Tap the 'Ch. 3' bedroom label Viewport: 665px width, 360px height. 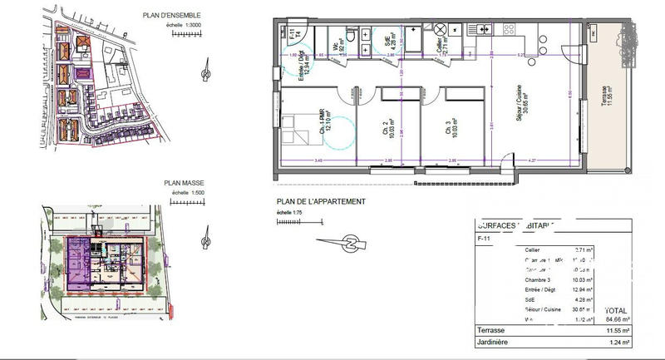pyautogui.click(x=449, y=128)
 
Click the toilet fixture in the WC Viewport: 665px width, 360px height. pyautogui.click(x=352, y=37)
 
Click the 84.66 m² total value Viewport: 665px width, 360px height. pyautogui.click(x=617, y=317)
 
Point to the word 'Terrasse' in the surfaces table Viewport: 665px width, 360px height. pyautogui.click(x=491, y=330)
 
